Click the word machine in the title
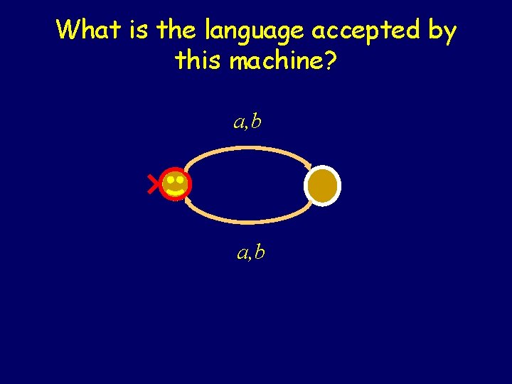pyautogui.click(x=277, y=60)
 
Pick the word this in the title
pyautogui.click(x=199, y=60)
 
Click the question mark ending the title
pyautogui.click(x=331, y=60)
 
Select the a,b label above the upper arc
pyautogui.click(x=247, y=122)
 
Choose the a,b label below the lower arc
pyautogui.click(x=251, y=251)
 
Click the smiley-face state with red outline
pyautogui.click(x=175, y=185)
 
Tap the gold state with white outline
pyautogui.click(x=323, y=185)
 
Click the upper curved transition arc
pyautogui.click(x=249, y=149)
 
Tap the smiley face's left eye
pyautogui.click(x=170, y=181)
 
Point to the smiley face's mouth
pyautogui.click(x=175, y=191)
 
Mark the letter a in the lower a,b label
pyautogui.click(x=242, y=252)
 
